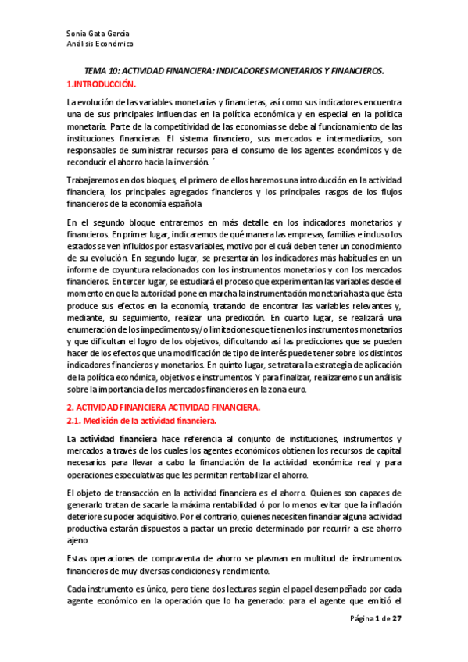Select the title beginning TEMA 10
[x=234, y=71]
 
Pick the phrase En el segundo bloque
[x=107, y=224]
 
